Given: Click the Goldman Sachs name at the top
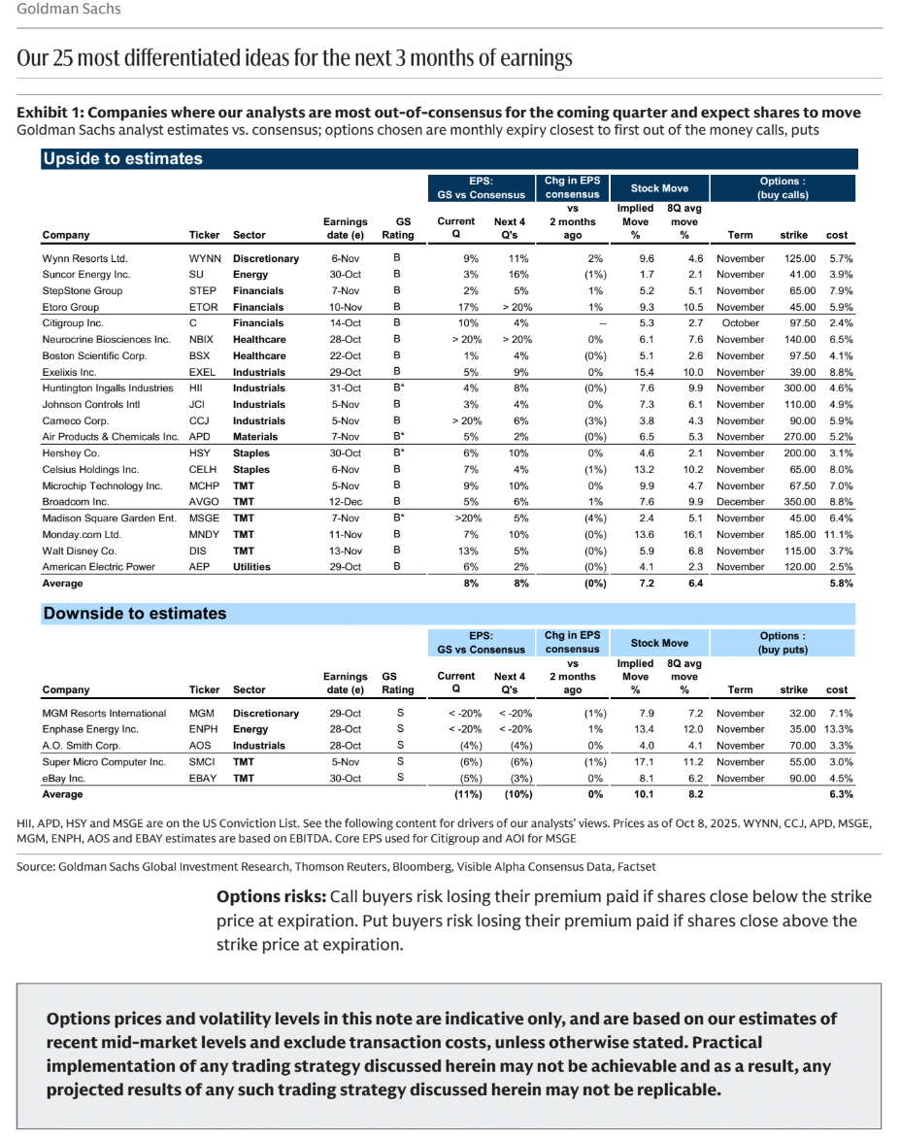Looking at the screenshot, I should point(70,10).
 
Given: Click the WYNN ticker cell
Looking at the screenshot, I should point(205,259).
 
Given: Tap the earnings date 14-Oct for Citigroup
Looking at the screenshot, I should point(346,323).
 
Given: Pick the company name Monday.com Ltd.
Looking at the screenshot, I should point(83,534).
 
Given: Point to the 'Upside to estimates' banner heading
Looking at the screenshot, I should point(122,159).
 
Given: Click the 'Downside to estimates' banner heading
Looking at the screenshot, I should point(135,614).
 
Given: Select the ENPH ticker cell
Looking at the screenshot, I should point(203,729).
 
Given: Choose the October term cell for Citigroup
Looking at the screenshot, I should point(740,323).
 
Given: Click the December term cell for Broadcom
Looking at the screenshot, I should point(740,502).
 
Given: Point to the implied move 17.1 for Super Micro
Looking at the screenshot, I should point(645,762).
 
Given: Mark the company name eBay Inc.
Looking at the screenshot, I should point(64,778).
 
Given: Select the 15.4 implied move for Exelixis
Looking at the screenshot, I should point(645,372).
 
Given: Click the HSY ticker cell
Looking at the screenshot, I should point(200,453).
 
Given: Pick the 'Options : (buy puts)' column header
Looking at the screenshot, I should point(783,643).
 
